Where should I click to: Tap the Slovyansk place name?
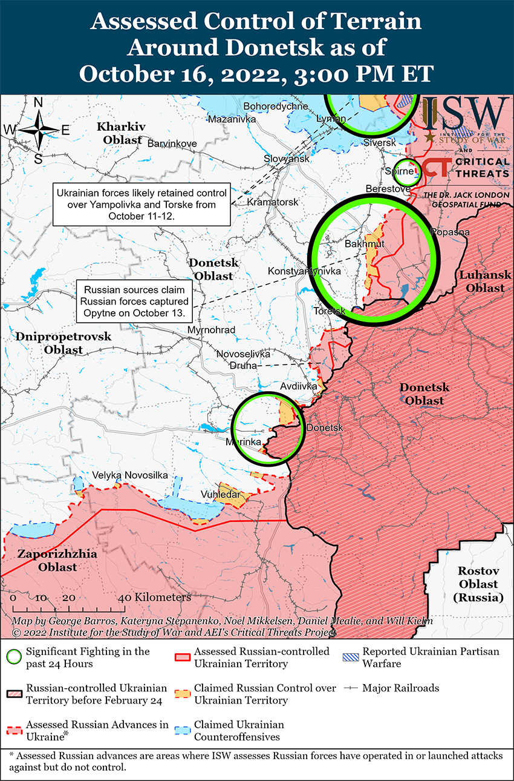coord(286,159)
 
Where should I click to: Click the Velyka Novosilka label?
coord(130,475)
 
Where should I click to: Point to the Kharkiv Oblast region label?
coord(122,133)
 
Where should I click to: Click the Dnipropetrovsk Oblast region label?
coord(63,343)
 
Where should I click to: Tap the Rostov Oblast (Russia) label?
coord(478,584)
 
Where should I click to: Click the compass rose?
coord(39,130)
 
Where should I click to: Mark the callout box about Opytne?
coord(136,301)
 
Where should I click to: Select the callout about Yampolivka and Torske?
coord(142,204)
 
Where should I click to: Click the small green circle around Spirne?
coord(406,171)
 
